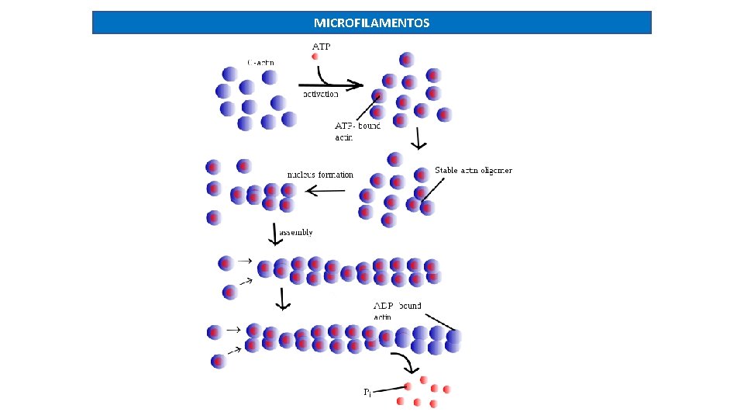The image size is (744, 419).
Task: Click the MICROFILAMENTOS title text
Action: point(371,23)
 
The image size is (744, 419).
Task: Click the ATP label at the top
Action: point(321,46)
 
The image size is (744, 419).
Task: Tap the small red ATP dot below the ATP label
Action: point(315,57)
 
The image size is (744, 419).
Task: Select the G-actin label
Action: point(260,62)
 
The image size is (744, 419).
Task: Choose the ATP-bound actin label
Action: point(356,131)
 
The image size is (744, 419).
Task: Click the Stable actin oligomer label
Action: point(473,170)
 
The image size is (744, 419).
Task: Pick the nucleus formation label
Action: point(319,175)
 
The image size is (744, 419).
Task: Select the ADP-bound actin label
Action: point(397,310)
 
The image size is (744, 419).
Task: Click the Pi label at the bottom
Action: point(368,393)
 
